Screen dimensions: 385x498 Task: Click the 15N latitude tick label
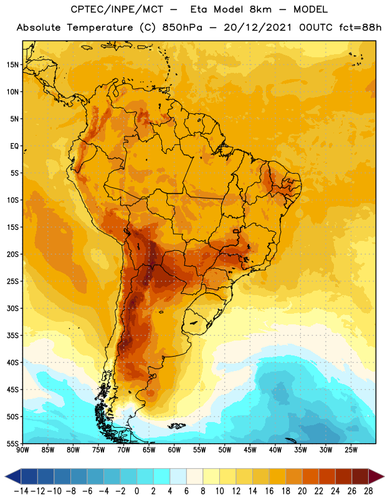coord(12,65)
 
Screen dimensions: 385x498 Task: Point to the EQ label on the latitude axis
coord(14,146)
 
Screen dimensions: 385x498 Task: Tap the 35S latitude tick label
coord(12,336)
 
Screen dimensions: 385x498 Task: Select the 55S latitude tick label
coord(12,444)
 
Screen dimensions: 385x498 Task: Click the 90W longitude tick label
coord(22,450)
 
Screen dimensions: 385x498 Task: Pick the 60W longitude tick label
coord(174,450)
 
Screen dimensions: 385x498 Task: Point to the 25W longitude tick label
coord(351,450)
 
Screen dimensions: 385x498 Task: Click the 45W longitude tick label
coord(250,450)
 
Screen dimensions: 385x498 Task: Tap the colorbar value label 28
coord(368,491)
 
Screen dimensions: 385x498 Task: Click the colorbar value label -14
coord(21,491)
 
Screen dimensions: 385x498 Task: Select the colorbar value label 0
coord(136,491)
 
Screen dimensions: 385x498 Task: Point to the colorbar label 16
coord(269,491)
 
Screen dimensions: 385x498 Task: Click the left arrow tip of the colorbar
coord(5,477)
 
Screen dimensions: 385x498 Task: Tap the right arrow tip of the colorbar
coord(384,477)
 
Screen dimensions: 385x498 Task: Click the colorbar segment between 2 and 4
coord(161,477)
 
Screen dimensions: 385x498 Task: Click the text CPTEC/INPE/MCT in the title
coord(117,9)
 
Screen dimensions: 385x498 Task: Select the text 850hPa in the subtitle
coord(182,27)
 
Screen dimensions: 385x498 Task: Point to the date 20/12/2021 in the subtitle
coord(257,27)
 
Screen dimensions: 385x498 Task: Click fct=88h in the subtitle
coord(360,27)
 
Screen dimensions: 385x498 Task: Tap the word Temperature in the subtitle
coord(100,27)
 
